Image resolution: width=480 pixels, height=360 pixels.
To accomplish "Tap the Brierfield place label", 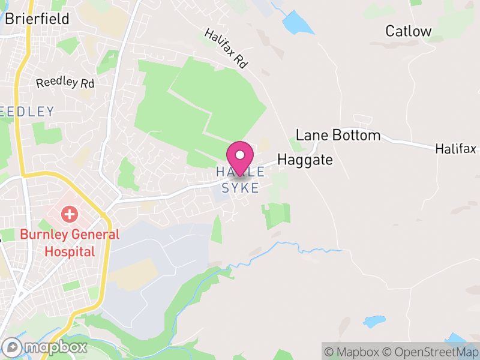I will [x=37, y=19].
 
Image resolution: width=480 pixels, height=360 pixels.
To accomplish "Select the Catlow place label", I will [x=408, y=31].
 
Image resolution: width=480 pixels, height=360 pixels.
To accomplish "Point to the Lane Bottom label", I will [x=338, y=135].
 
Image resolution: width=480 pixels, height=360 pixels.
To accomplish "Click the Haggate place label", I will [x=305, y=160].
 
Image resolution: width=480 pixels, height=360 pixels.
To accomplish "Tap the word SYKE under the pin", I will [x=241, y=188].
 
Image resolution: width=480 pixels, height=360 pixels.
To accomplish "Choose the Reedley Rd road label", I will [x=65, y=82].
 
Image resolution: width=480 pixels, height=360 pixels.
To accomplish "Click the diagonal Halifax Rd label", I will [x=226, y=47].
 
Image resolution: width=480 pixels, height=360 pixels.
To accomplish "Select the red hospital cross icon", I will [x=70, y=213].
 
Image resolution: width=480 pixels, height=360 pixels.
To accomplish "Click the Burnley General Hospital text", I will [x=70, y=242].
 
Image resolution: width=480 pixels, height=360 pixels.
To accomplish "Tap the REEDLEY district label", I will [x=28, y=112].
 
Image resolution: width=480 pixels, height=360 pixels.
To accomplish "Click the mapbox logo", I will [x=45, y=347].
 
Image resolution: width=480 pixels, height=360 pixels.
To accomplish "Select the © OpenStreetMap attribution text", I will [x=431, y=351].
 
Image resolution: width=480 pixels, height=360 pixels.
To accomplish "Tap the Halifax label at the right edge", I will [x=456, y=148].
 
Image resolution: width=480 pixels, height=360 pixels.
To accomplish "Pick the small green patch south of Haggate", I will [x=276, y=215].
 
